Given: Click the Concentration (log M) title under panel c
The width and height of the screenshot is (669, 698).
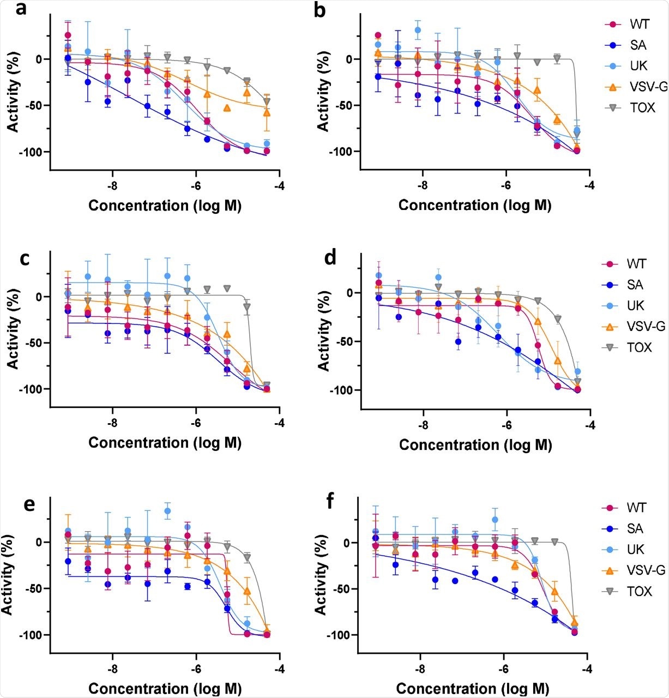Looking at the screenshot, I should pyautogui.click(x=165, y=442).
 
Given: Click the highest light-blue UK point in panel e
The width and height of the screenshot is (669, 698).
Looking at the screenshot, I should pyautogui.click(x=167, y=511).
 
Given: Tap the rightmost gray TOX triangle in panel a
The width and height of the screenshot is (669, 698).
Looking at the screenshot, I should pyautogui.click(x=267, y=102).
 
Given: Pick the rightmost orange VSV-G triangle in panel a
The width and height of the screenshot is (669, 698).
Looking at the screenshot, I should pyautogui.click(x=267, y=112).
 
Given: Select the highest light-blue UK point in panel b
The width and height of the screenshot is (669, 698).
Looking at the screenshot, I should pyautogui.click(x=418, y=30).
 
